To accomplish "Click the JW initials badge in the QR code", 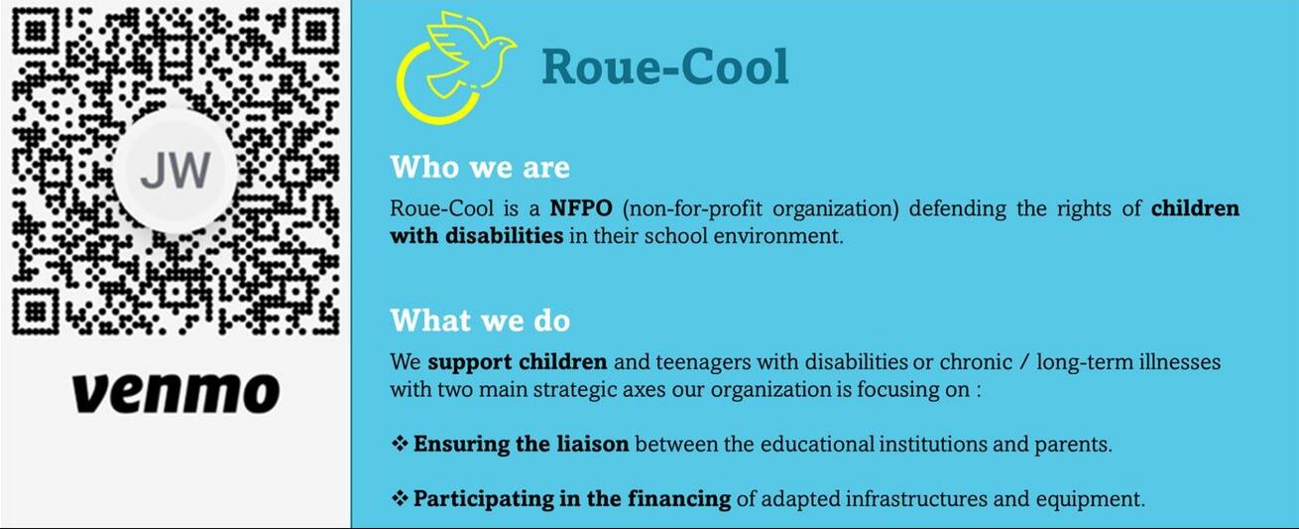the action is point(176,171).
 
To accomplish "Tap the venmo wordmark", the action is point(177,393).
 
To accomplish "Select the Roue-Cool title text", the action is point(665,66).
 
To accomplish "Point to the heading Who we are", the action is point(480,168).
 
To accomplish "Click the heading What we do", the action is point(480,321).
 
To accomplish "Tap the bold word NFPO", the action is point(581,207).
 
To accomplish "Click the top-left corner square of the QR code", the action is point(36,31).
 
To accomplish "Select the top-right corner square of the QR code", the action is point(316,31).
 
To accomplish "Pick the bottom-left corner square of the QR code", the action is point(36,312).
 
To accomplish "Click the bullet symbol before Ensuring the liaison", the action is point(400,445).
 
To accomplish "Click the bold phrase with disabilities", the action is point(477,236).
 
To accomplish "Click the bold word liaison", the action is point(593,445).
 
